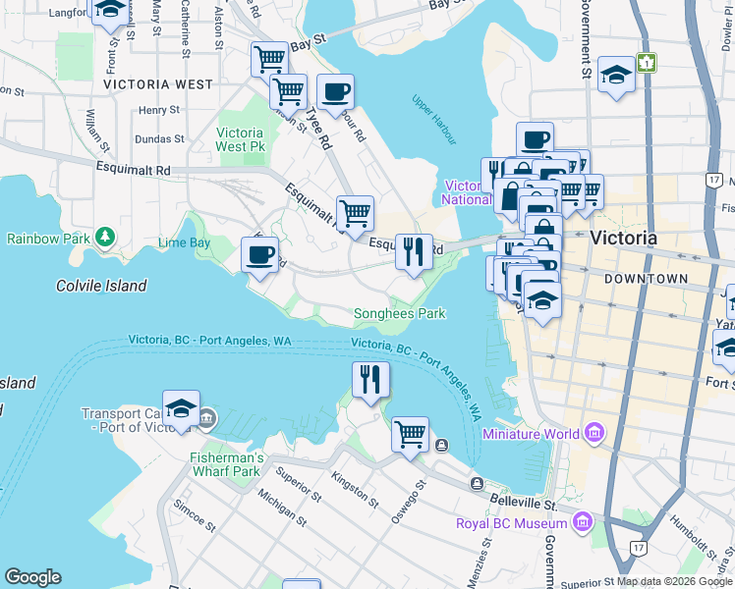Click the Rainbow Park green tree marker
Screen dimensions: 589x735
tap(104, 238)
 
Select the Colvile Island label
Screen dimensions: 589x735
tap(101, 286)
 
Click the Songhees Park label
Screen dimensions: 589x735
tap(399, 313)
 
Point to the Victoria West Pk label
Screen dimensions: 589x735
tap(240, 139)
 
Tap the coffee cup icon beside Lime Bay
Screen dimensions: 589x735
tap(260, 255)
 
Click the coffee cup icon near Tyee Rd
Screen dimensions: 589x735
tap(336, 92)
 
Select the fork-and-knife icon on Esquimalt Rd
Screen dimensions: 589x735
tap(414, 251)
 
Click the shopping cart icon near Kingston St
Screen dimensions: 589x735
tap(410, 433)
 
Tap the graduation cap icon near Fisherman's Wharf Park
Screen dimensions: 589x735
tap(181, 408)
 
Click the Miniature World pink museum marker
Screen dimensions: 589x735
tap(594, 433)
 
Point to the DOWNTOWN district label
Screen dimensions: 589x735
tap(646, 279)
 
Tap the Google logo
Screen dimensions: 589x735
tap(32, 577)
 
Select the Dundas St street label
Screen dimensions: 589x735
tap(160, 139)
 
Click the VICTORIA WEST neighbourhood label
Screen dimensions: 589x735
tap(158, 84)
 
